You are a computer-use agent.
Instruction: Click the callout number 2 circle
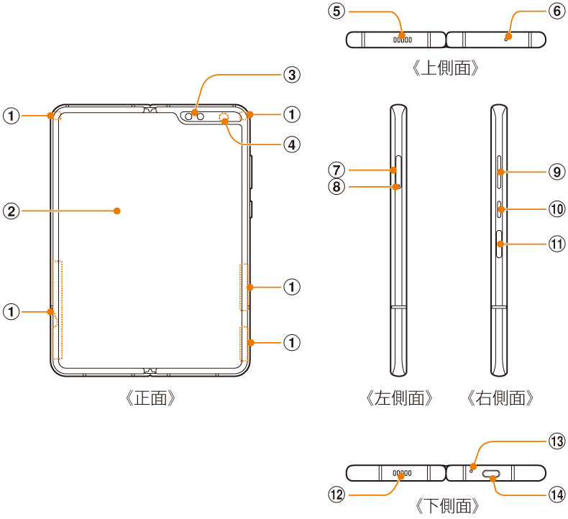[12, 211]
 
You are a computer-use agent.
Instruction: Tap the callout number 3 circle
[292, 75]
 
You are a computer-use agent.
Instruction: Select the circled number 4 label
[292, 145]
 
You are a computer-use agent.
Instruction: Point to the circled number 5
[336, 12]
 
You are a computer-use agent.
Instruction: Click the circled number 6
[556, 12]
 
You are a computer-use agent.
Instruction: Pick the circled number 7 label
[336, 170]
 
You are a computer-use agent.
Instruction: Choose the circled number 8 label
[336, 186]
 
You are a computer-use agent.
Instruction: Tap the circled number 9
[556, 172]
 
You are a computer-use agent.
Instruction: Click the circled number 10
[556, 209]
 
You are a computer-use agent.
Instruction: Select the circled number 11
[556, 244]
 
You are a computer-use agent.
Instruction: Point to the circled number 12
[336, 495]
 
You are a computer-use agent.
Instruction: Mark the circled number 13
[556, 441]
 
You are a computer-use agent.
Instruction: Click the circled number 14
[556, 495]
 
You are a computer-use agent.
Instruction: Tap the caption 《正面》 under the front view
[150, 398]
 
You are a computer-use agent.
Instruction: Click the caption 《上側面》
[446, 68]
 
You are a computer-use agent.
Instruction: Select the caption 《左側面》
[400, 398]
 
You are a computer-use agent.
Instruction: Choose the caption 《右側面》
[500, 398]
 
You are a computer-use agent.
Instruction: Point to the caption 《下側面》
[446, 506]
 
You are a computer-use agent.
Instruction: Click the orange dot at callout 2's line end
[116, 211]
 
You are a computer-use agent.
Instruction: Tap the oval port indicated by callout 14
[491, 474]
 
